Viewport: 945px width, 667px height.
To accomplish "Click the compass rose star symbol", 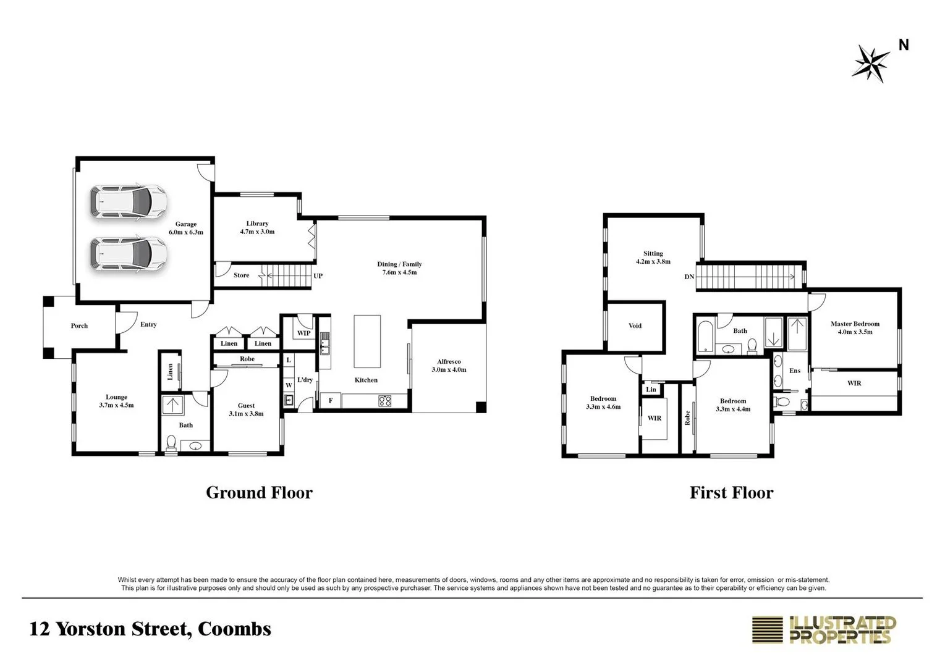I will [x=871, y=63].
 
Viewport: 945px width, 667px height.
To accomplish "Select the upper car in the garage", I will [x=129, y=201].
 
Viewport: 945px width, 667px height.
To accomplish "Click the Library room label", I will [x=257, y=227].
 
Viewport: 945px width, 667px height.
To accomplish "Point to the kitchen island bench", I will [x=367, y=342].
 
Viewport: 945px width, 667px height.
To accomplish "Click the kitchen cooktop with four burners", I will [x=384, y=401].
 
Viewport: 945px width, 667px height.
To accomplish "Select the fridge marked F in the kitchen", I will [x=331, y=401].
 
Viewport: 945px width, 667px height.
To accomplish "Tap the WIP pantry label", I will [x=303, y=333].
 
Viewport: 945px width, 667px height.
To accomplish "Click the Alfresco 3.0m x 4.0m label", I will [x=449, y=366].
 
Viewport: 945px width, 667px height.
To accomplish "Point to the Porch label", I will [x=79, y=325].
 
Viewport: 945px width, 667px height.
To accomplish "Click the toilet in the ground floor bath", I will [x=171, y=442].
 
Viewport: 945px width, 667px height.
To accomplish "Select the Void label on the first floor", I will [x=635, y=325].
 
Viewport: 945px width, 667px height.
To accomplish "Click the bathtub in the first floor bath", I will [x=705, y=337].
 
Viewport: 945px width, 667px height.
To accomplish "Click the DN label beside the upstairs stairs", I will [x=689, y=277].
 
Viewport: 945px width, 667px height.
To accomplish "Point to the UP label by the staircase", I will [x=318, y=276].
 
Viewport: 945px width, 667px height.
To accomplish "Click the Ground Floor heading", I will [x=259, y=493].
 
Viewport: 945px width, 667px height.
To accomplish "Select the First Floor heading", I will [x=731, y=493].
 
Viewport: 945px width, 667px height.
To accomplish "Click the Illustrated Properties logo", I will [x=824, y=630].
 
